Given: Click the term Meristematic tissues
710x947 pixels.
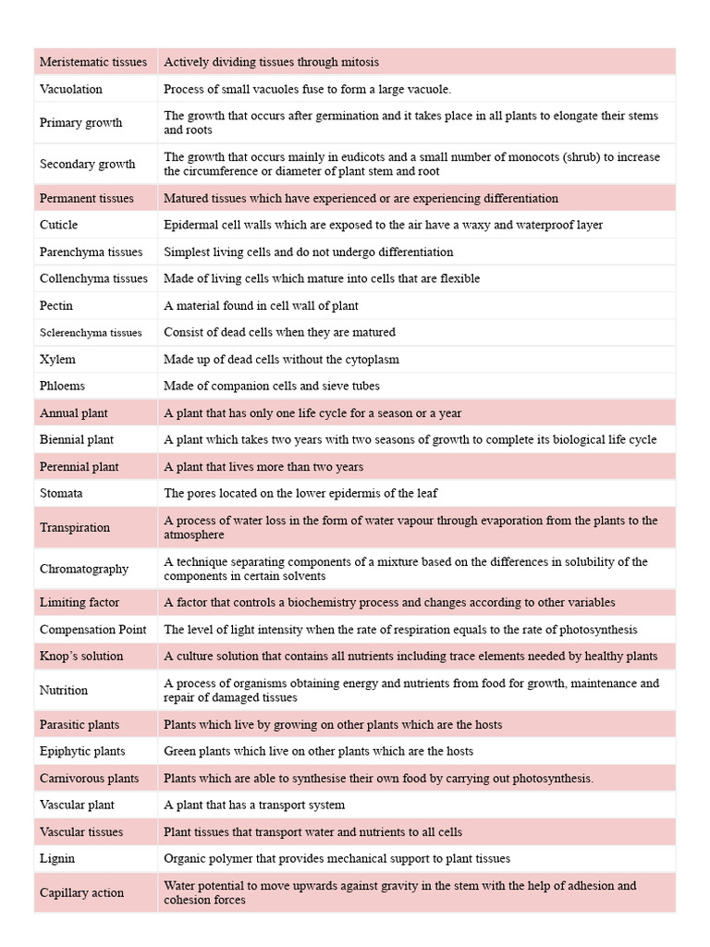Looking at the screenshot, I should [93, 62].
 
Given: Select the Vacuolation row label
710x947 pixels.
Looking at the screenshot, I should [71, 89].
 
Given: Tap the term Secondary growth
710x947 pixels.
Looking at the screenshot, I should [87, 164].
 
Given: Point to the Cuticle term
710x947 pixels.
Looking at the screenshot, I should [59, 225].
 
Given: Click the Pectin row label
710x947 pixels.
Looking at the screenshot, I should [56, 305].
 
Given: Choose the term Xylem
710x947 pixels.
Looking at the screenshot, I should [57, 359].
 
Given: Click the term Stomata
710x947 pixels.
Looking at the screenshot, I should [61, 493].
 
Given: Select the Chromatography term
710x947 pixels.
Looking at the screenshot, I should [84, 569].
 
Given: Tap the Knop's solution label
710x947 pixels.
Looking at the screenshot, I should [81, 656].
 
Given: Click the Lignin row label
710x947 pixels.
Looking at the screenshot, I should [57, 858].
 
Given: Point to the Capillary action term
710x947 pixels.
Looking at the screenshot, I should [81, 892].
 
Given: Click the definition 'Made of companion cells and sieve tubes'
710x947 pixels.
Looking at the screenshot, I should [272, 386].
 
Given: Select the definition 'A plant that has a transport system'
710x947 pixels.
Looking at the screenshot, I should [254, 805].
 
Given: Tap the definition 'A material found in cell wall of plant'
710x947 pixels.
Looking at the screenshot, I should [261, 305].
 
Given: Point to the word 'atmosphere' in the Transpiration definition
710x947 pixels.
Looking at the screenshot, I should [194, 535].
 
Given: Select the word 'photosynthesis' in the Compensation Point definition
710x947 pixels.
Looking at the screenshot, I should [599, 629].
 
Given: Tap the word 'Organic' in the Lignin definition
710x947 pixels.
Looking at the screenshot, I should [184, 858].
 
